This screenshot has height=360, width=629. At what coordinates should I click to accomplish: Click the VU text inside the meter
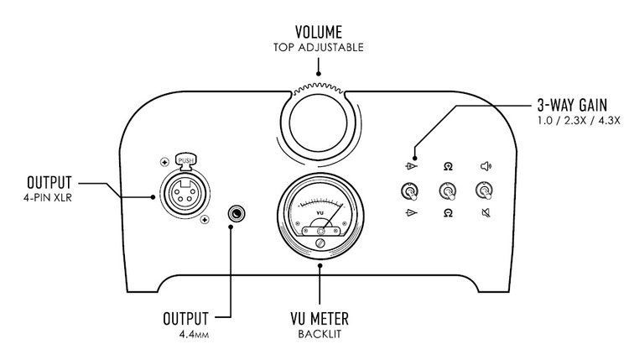point(319,213)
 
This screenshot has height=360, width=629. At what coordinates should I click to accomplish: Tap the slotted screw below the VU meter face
point(319,243)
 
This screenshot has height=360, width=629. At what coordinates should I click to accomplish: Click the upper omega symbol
point(448,166)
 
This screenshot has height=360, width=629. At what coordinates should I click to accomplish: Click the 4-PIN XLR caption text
point(52,199)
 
